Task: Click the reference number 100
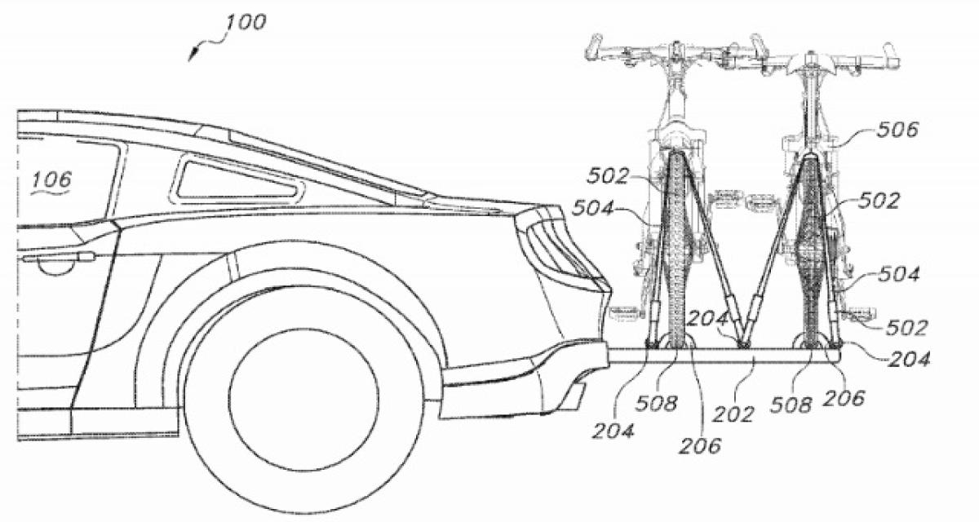coord(246,22)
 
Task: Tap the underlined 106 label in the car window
coord(52,180)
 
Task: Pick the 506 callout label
coord(897,129)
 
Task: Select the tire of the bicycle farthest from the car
coord(810,245)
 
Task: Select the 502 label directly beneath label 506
coord(879,201)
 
